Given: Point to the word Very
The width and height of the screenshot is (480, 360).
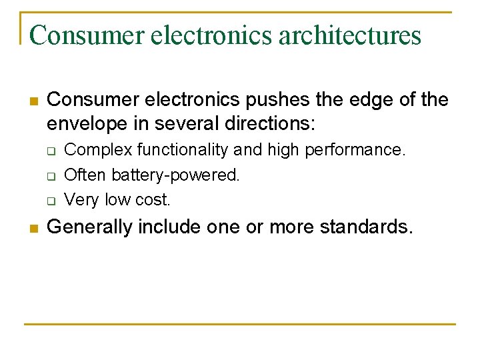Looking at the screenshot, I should (x=82, y=199).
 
